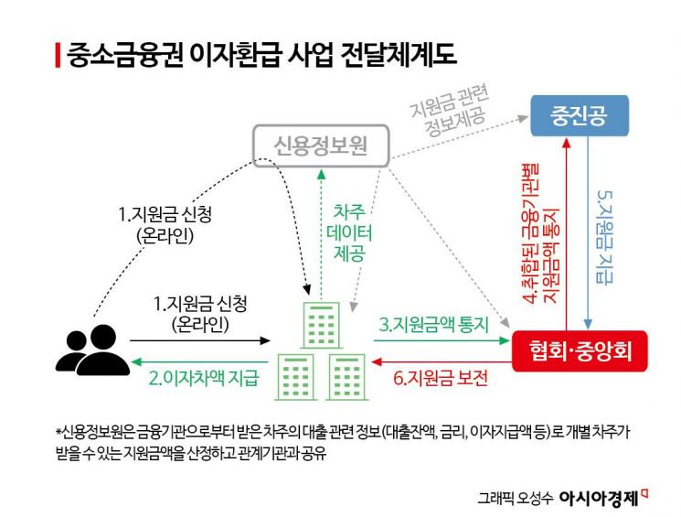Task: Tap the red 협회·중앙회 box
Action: pos(580,350)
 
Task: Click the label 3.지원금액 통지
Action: pos(435,325)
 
